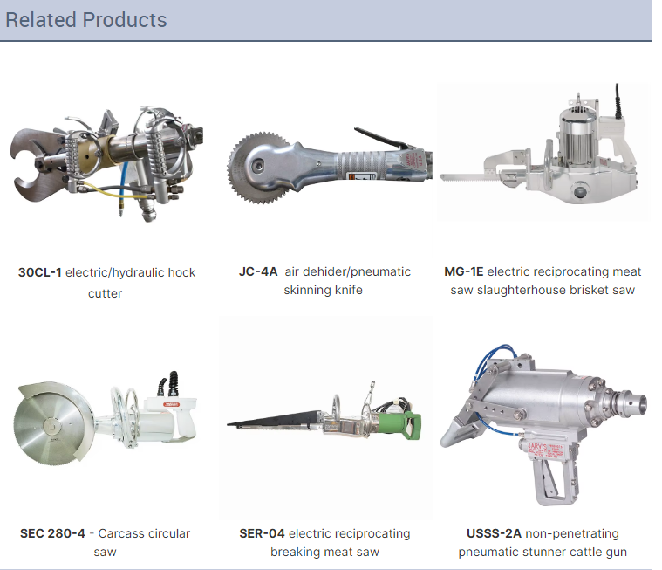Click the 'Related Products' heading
(x=86, y=20)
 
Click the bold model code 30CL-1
(x=40, y=272)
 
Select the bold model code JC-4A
(x=258, y=271)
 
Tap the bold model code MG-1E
(x=463, y=271)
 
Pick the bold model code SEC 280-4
(x=52, y=533)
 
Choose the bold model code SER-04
(x=262, y=533)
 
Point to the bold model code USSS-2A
(x=494, y=533)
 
